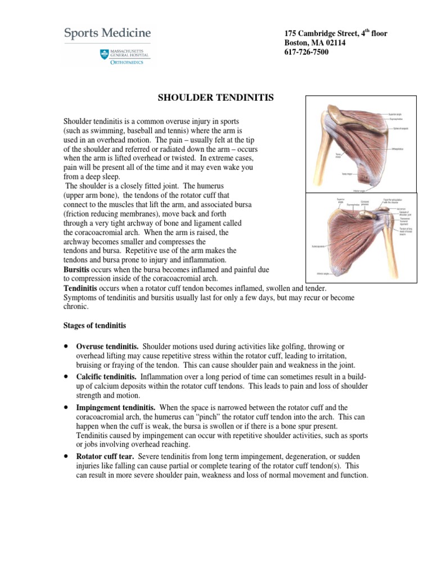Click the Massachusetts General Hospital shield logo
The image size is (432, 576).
coord(103,54)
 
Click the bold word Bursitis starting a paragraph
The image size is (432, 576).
coord(78,269)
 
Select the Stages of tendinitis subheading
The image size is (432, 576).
coord(94,326)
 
